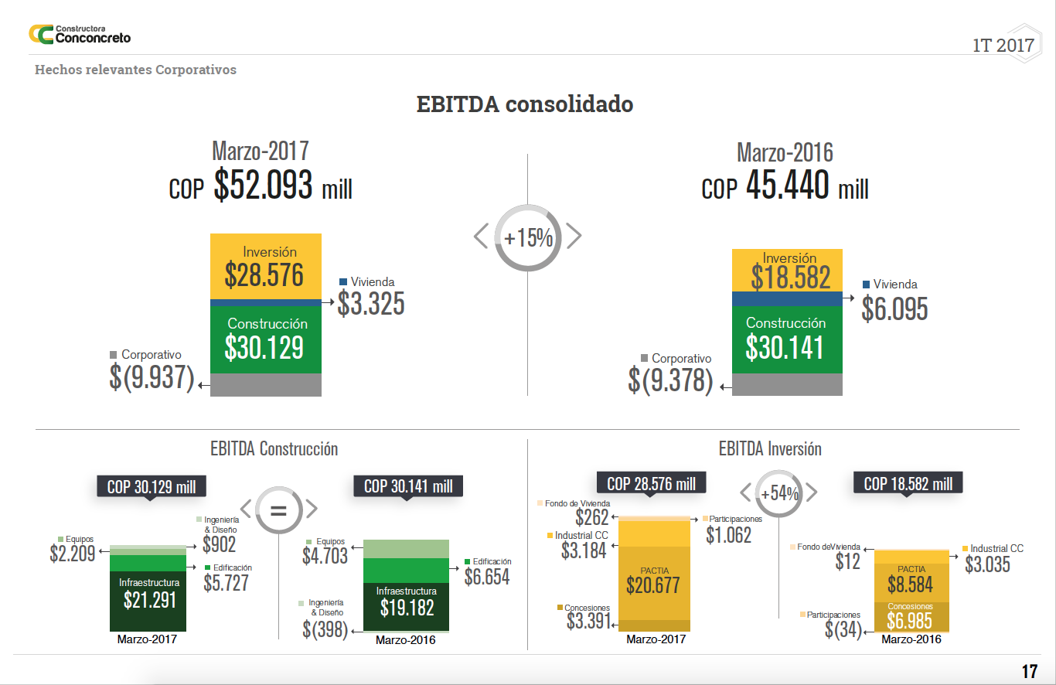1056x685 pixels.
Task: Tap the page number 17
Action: pyautogui.click(x=1029, y=671)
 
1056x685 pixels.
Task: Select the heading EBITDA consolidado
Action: pyautogui.click(x=525, y=104)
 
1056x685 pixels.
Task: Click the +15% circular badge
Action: pyautogui.click(x=528, y=237)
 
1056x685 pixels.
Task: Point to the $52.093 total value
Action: pyautogui.click(x=263, y=186)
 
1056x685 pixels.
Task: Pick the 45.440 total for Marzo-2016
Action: pyautogui.click(x=788, y=186)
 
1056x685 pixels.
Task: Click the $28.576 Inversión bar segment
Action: pyautogui.click(x=265, y=267)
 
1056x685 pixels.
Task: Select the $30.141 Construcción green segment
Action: pyautogui.click(x=786, y=339)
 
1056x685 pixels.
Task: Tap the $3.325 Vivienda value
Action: pyautogui.click(x=371, y=304)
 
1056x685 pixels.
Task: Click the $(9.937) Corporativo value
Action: pyautogui.click(x=152, y=377)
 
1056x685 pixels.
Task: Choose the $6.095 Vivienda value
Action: pyautogui.click(x=894, y=309)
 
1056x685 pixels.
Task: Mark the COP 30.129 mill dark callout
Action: pyautogui.click(x=152, y=486)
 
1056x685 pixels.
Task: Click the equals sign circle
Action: pyautogui.click(x=278, y=509)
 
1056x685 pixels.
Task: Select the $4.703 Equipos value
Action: pyautogui.click(x=325, y=555)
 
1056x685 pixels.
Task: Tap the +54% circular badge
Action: pyautogui.click(x=778, y=493)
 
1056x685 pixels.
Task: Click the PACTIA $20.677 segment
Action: pyautogui.click(x=653, y=581)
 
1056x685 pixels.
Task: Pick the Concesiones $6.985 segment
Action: pyautogui.click(x=910, y=616)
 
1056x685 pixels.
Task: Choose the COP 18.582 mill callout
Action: pyautogui.click(x=908, y=484)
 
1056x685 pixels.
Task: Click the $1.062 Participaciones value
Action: pyautogui.click(x=728, y=534)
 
